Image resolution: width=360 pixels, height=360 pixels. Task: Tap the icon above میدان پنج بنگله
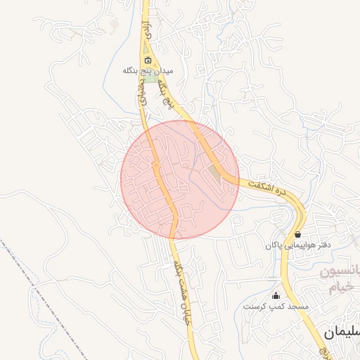(x=148, y=59)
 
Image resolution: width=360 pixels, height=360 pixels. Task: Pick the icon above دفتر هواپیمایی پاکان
(x=298, y=234)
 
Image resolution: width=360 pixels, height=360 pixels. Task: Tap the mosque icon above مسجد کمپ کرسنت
(x=276, y=295)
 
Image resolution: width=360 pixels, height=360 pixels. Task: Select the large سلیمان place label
(x=340, y=331)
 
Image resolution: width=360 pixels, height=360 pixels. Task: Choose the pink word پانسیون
(x=345, y=271)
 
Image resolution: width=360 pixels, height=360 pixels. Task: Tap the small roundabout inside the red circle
(x=156, y=165)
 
